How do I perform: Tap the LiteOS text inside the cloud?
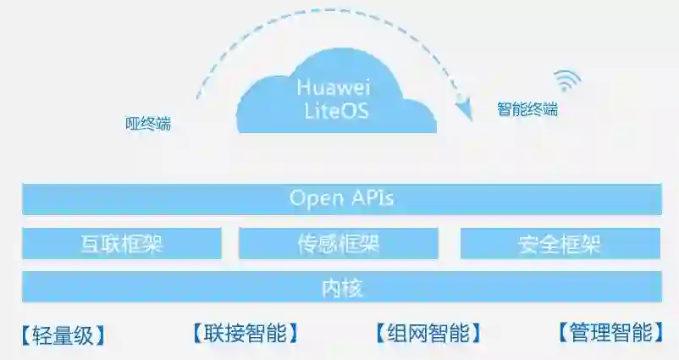coord(337,111)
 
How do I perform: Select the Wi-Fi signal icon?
coord(568,80)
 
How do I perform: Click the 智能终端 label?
coord(527,109)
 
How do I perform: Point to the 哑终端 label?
coord(148,124)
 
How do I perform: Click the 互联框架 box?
coord(121,244)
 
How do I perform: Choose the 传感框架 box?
coord(339,244)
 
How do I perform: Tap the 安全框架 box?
coord(560,244)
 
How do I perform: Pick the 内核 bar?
coord(342,287)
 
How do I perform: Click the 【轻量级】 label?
coord(65,335)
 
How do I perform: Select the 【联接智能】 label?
coord(246,333)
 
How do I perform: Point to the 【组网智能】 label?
coord(428,333)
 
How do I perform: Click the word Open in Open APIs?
coord(315,200)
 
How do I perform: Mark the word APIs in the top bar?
coord(373,199)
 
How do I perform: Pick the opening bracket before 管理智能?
coord(563,332)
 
